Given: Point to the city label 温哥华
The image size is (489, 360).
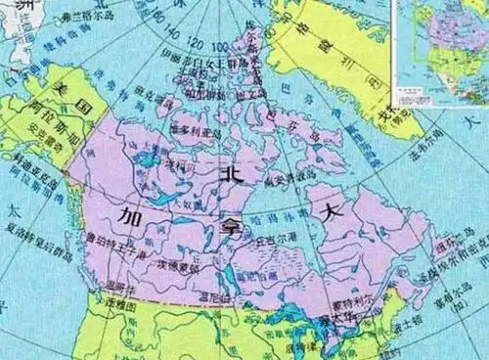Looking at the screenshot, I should (x=114, y=287).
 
